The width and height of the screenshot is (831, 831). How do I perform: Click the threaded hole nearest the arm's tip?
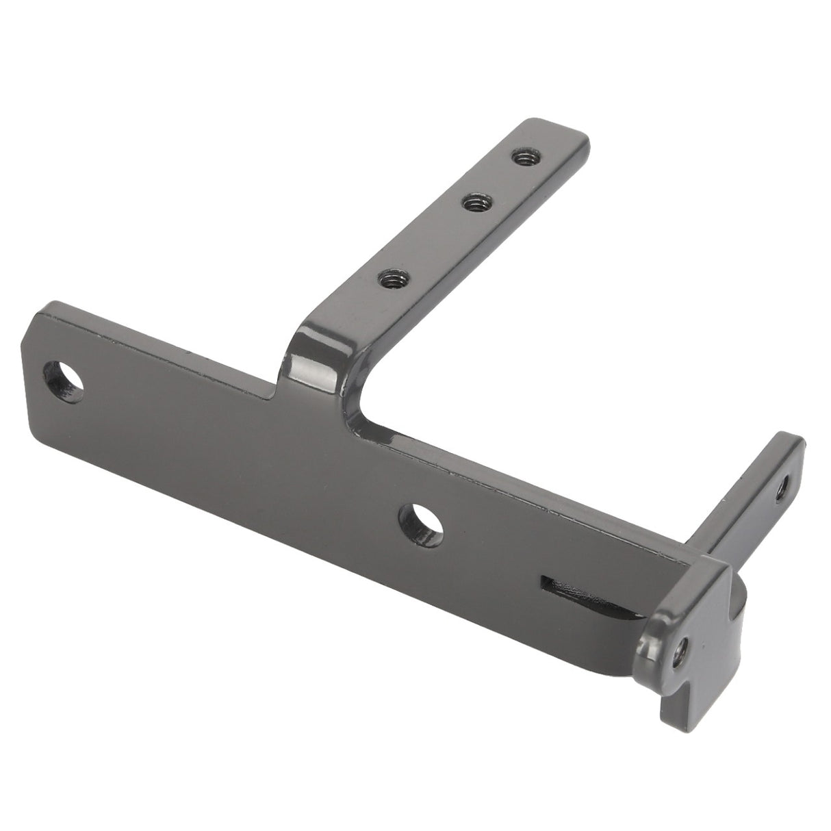click(x=525, y=159)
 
